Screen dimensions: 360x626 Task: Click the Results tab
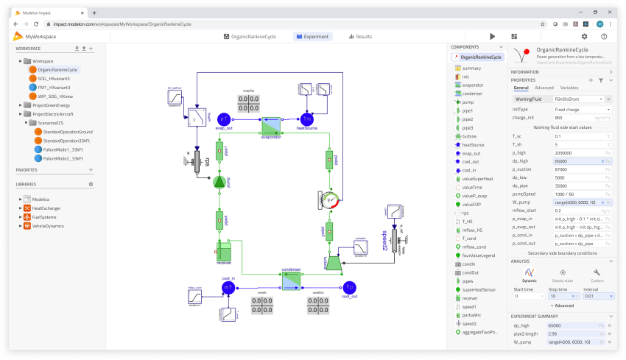pos(360,36)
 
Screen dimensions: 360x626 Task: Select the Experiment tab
pos(312,36)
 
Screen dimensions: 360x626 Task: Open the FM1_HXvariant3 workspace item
pos(54,87)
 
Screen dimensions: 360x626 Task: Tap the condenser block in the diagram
pos(292,280)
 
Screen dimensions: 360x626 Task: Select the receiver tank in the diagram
pos(224,251)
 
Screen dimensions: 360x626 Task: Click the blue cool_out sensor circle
pos(348,287)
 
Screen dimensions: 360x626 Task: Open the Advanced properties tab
pos(544,88)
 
